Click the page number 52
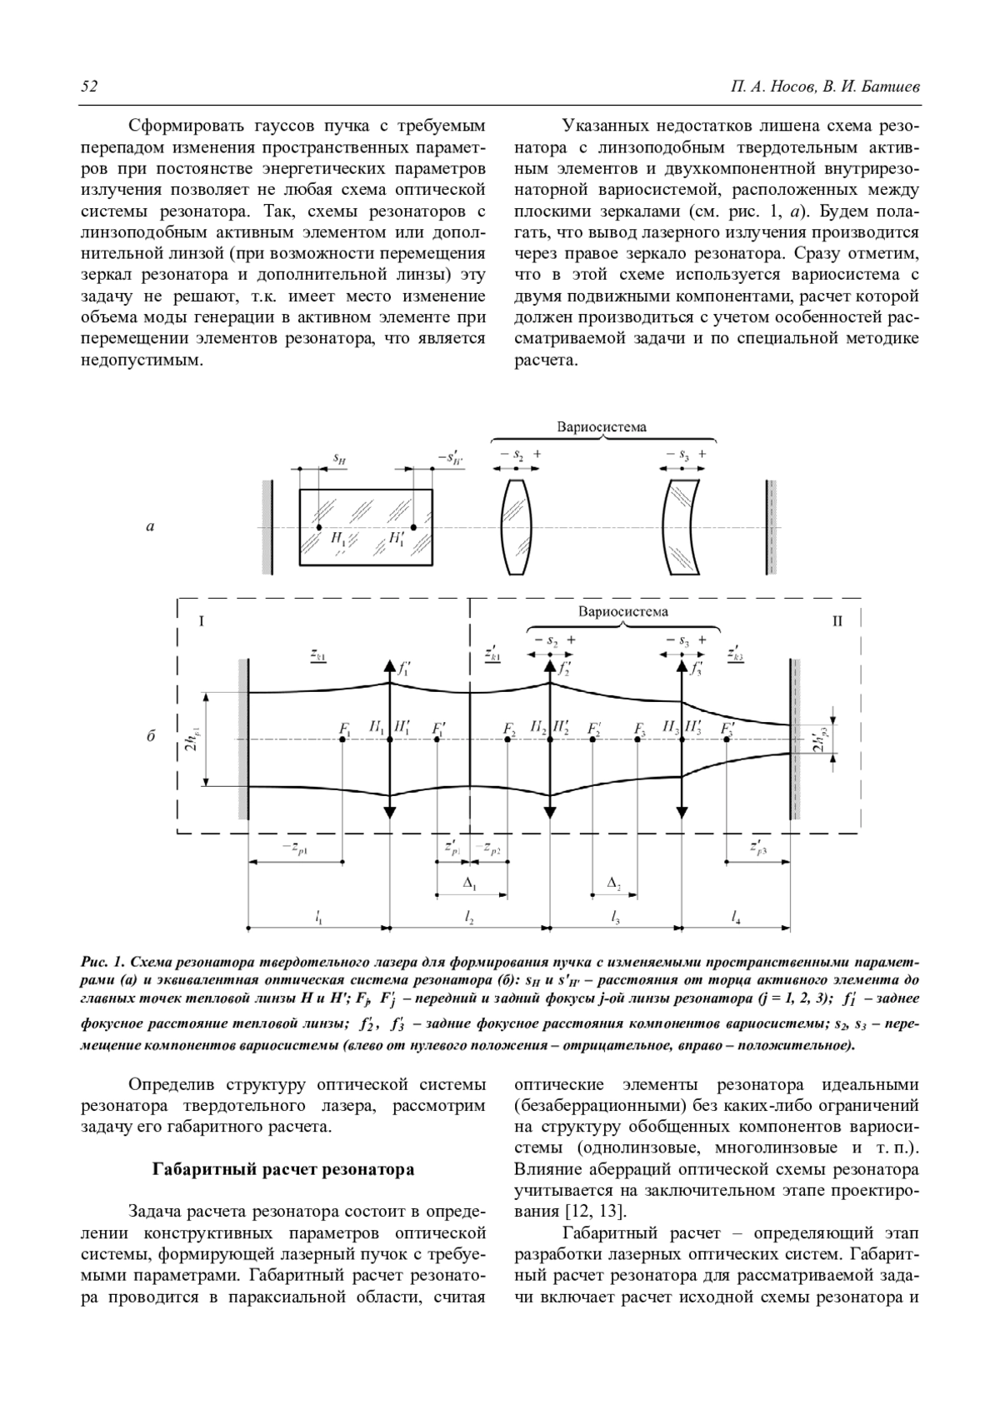(x=89, y=87)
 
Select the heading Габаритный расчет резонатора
(x=282, y=1169)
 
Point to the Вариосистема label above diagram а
(x=602, y=427)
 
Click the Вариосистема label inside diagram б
(x=622, y=610)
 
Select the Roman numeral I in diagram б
(x=201, y=621)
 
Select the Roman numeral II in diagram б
(x=837, y=621)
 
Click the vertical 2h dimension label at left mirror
(x=191, y=739)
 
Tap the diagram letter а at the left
(x=150, y=526)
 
